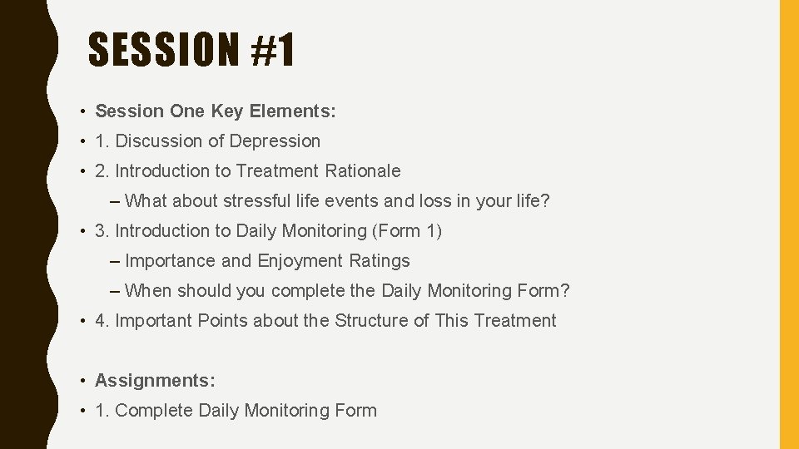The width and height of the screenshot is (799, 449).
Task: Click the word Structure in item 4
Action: [371, 321]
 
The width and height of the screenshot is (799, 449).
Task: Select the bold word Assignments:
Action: [156, 381]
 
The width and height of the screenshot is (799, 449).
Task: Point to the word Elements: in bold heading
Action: [295, 111]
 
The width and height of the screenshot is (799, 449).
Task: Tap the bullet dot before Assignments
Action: [85, 382]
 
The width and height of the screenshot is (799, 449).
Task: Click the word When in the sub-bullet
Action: [148, 291]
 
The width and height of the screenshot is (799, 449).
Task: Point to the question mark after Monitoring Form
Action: [565, 291]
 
